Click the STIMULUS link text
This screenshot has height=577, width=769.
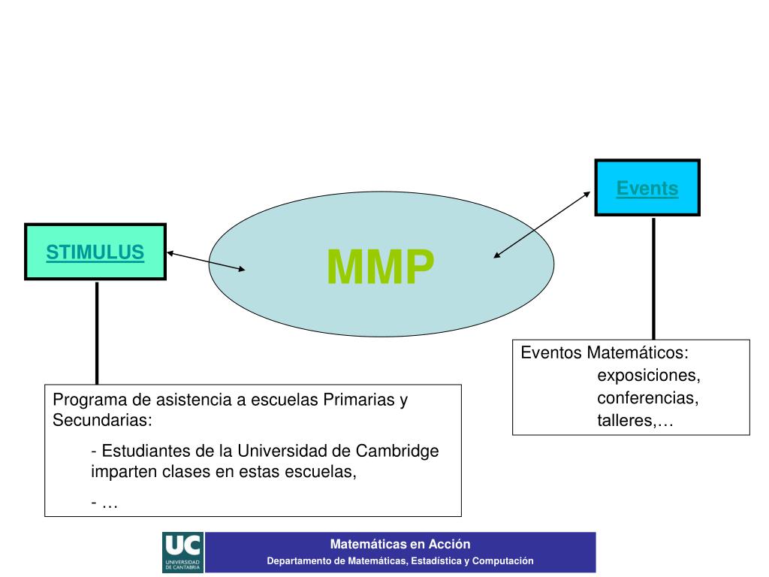pyautogui.click(x=95, y=252)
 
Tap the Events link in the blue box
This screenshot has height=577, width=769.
pyautogui.click(x=647, y=189)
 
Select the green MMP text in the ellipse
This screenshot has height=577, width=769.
pyautogui.click(x=381, y=267)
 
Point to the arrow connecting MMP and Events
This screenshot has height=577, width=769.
pyautogui.click(x=542, y=224)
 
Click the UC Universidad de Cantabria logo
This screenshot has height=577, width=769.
pyautogui.click(x=182, y=552)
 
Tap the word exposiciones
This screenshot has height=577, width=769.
pyautogui.click(x=649, y=374)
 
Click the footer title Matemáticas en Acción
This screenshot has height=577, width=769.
pyautogui.click(x=400, y=545)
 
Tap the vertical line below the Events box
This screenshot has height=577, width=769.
pyautogui.click(x=653, y=278)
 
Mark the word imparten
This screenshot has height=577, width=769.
pyautogui.click(x=120, y=473)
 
